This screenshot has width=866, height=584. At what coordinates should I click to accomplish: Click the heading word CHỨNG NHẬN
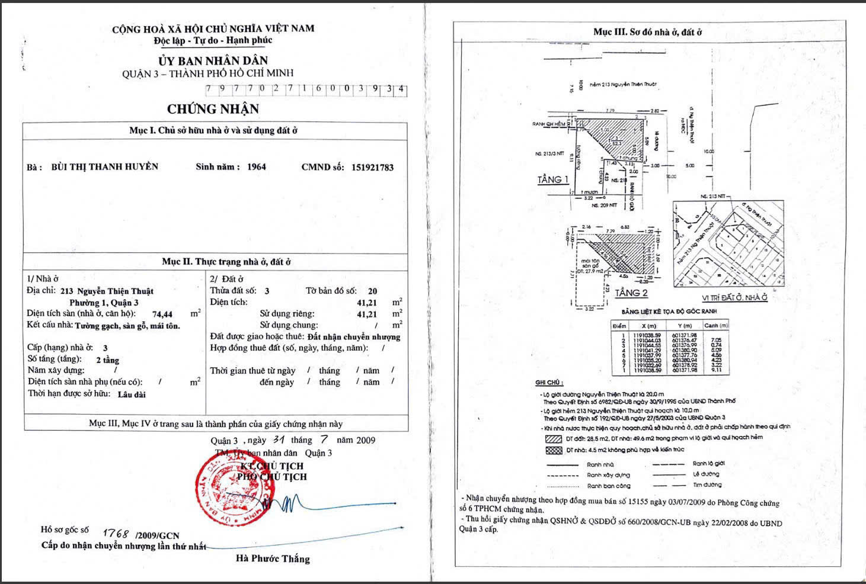[x=213, y=109]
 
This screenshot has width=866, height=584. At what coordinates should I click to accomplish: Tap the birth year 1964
[x=256, y=167]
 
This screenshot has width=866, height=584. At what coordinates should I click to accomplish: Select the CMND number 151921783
[x=364, y=168]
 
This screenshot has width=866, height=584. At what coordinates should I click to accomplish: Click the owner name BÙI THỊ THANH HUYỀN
[x=105, y=167]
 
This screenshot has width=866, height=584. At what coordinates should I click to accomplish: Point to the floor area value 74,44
[x=162, y=315]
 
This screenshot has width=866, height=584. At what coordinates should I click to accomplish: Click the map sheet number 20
[x=372, y=291]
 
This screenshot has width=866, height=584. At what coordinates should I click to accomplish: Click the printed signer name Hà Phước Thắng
[x=273, y=559]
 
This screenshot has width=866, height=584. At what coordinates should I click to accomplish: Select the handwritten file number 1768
[x=116, y=534]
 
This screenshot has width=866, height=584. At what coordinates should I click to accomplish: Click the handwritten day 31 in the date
[x=278, y=440]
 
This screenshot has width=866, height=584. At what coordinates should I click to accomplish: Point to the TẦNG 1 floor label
[x=552, y=179]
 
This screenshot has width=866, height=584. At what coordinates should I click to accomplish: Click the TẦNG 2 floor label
[x=631, y=293]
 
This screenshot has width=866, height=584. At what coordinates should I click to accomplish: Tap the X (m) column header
[x=648, y=326]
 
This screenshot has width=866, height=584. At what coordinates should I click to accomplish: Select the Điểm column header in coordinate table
[x=619, y=326]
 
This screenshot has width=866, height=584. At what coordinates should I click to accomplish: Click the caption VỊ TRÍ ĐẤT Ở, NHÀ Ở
[x=734, y=298]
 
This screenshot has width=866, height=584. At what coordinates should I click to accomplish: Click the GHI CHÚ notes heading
[x=549, y=383]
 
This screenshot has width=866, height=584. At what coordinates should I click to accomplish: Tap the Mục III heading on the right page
[x=647, y=32]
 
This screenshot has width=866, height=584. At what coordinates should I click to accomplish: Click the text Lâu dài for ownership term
[x=132, y=394]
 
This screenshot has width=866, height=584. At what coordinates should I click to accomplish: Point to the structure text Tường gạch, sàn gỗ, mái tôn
[x=127, y=326]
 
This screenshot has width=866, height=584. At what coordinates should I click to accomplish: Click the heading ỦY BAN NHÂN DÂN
[x=213, y=60]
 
